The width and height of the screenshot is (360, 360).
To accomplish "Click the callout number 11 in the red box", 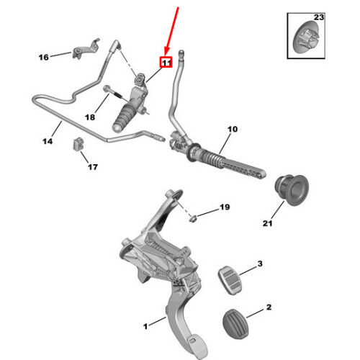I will [165, 63].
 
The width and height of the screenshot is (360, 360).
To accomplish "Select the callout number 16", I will [43, 57].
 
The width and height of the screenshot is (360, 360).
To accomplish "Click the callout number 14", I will [48, 142].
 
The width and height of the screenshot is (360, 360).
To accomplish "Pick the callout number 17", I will [93, 168].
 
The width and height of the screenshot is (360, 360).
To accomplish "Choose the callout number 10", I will [232, 130].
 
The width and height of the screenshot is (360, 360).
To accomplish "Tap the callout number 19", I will [224, 207].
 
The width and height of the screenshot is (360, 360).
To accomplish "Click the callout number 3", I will [261, 264].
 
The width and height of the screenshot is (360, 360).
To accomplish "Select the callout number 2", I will [269, 307].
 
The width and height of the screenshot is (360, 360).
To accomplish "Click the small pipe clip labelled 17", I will [78, 146].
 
